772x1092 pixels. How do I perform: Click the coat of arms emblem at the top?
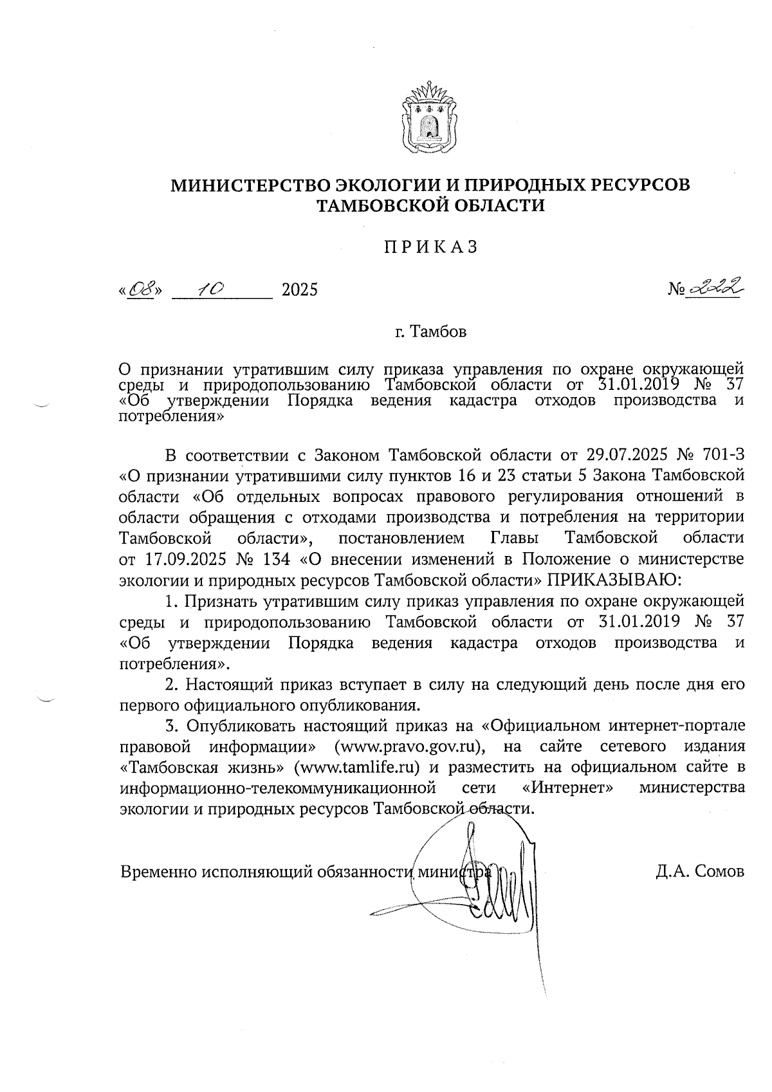[x=429, y=118]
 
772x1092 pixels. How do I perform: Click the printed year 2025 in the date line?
[x=300, y=290]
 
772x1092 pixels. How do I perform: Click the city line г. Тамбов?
[x=430, y=333]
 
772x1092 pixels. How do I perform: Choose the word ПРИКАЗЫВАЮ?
[x=613, y=579]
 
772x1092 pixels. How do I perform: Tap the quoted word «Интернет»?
[x=564, y=788]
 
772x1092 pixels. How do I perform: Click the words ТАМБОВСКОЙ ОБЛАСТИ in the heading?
[x=430, y=206]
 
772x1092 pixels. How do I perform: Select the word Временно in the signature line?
[x=158, y=872]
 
